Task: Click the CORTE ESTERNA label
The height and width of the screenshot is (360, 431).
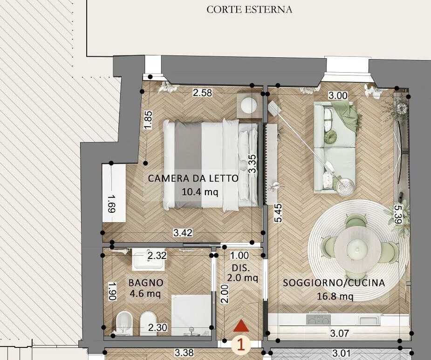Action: [249, 10]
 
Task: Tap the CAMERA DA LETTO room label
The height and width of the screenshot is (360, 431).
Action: [193, 178]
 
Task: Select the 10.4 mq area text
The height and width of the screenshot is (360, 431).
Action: [200, 191]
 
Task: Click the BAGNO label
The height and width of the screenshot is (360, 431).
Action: [146, 283]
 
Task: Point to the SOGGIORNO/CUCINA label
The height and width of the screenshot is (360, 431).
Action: [334, 283]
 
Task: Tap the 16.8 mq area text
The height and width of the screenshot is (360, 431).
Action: [335, 296]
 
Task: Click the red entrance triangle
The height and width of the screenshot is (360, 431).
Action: [241, 326]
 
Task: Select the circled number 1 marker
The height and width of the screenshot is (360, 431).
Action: [241, 344]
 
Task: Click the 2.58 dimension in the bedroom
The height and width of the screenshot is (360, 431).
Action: [202, 93]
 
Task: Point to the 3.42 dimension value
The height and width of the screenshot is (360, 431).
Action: [183, 233]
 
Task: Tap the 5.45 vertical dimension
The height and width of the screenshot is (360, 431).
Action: [278, 213]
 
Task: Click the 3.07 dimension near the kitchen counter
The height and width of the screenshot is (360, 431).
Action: [340, 333]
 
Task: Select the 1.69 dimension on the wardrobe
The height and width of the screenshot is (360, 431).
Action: [112, 204]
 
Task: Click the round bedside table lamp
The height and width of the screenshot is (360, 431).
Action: [249, 105]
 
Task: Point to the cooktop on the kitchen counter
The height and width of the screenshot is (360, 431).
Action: [318, 320]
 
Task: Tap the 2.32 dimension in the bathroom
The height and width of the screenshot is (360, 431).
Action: [157, 256]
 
